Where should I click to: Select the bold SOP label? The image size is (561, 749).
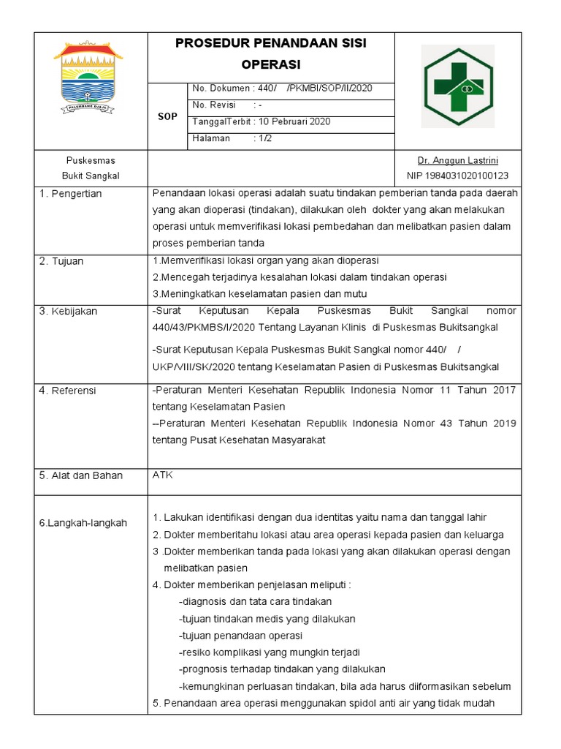click(x=168, y=116)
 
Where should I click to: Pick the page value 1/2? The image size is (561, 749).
click(x=263, y=138)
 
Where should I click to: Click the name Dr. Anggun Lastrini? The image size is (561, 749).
click(x=458, y=160)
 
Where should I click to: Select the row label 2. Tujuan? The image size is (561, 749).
click(x=63, y=261)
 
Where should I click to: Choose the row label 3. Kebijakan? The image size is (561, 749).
click(x=68, y=312)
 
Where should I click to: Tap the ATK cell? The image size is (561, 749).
click(x=163, y=475)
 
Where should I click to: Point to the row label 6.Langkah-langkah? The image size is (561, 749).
click(x=83, y=523)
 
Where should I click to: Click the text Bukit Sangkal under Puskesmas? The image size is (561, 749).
click(x=91, y=176)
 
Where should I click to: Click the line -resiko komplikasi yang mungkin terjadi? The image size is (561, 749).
click(x=270, y=652)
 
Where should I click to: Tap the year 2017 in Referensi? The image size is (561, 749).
click(x=504, y=391)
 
